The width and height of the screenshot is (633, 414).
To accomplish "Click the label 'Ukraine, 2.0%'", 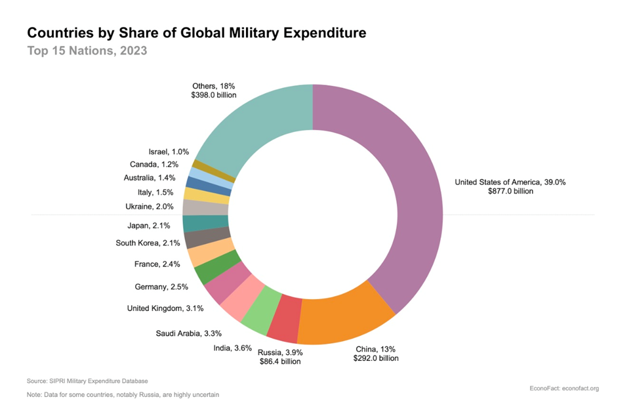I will [149, 207].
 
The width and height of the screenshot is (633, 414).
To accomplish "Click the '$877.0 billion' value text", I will [510, 192].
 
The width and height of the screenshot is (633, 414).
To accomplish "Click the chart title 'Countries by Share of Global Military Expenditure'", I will [196, 32].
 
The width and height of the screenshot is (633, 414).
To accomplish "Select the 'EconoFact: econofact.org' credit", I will [563, 388].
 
